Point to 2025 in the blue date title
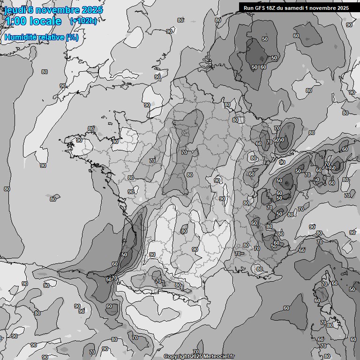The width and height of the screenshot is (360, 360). click(91, 10)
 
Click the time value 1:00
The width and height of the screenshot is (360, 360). click(16, 21)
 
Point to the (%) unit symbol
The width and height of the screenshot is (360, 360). click(72, 37)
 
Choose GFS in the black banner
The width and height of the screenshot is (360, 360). click(260, 7)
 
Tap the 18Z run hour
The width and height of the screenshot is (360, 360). click(272, 7)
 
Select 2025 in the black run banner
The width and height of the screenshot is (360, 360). click(344, 7)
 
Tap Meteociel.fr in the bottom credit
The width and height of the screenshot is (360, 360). click(219, 357)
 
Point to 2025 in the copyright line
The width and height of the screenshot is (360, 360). click(196, 357)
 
